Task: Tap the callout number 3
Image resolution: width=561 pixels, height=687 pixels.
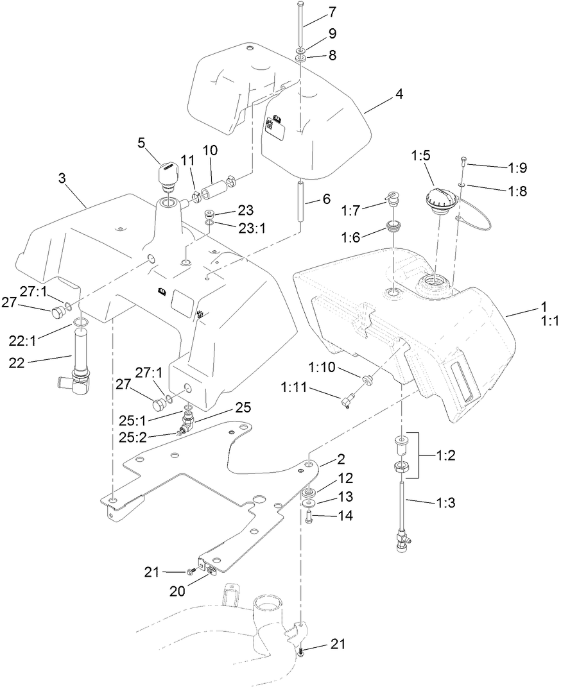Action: click(x=62, y=178)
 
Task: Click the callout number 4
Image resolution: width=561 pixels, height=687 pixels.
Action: click(x=399, y=93)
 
